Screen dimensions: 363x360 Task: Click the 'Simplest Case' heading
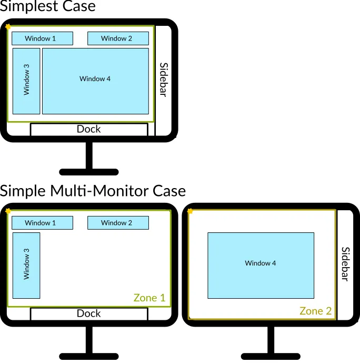click(48, 7)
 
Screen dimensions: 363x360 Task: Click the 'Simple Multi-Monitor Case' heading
click(93, 190)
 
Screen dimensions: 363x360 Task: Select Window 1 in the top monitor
click(42, 38)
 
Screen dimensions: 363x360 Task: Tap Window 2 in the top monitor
click(118, 38)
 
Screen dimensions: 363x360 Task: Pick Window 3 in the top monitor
click(26, 81)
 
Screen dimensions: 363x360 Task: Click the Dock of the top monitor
click(89, 129)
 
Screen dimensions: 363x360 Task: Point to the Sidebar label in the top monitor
click(163, 80)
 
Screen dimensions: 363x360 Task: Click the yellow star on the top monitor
click(8, 26)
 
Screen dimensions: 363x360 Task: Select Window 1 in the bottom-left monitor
click(42, 223)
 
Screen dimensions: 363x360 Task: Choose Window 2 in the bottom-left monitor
click(118, 223)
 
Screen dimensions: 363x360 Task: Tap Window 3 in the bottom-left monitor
click(26, 265)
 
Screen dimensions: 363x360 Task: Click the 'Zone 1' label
click(149, 298)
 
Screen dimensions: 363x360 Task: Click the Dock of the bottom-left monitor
click(89, 313)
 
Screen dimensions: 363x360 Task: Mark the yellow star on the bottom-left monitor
click(8, 211)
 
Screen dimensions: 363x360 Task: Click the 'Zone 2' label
click(316, 311)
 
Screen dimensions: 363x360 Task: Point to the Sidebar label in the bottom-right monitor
click(345, 264)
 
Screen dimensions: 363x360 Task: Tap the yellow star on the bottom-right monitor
click(190, 211)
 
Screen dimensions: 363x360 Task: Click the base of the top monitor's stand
click(89, 172)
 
